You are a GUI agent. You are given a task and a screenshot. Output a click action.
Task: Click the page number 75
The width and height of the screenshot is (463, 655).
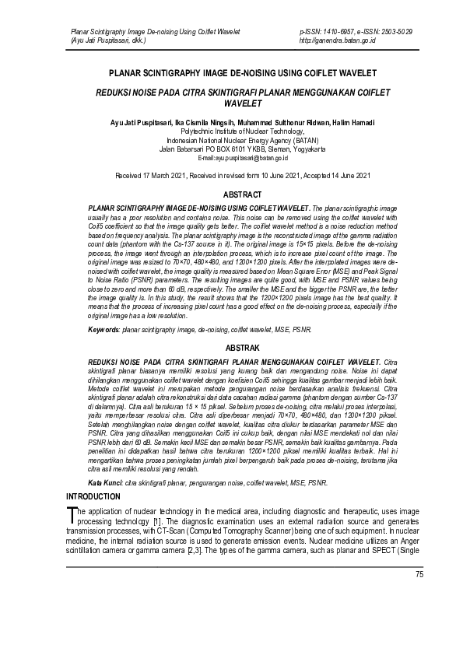click(419, 574)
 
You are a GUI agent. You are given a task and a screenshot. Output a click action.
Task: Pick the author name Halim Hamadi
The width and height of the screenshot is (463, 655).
click(353, 122)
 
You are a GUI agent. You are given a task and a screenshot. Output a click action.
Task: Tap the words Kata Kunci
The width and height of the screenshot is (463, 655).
click(105, 483)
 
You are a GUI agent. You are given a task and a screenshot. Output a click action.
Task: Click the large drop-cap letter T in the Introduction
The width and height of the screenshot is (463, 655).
click(72, 513)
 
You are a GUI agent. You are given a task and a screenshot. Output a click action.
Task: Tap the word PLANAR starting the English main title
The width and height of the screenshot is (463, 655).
click(132, 73)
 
